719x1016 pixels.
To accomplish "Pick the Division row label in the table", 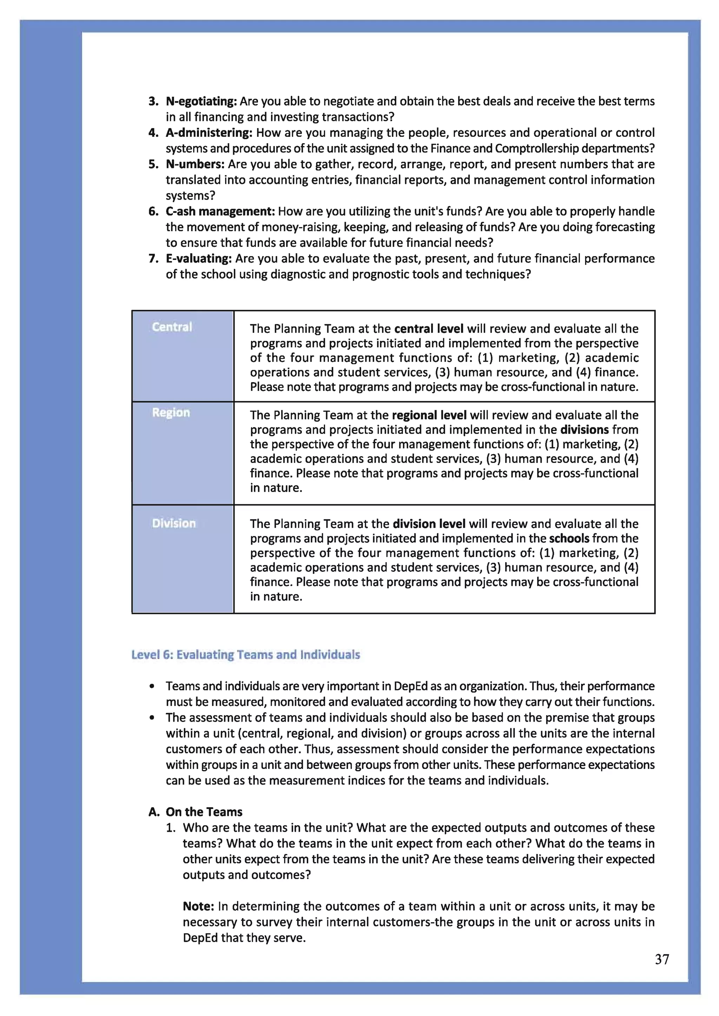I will tap(173, 523).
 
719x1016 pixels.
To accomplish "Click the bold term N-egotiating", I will tap(202, 101).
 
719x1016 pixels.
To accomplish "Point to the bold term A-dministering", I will tap(209, 133).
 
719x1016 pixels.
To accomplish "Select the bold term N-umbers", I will tap(195, 164).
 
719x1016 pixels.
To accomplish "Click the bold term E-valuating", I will tap(199, 259).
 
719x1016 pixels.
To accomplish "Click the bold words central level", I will tap(429, 329).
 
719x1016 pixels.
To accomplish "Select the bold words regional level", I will tap(429, 415).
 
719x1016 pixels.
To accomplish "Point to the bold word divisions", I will tap(585, 430).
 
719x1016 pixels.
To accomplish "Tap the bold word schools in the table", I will tap(569, 538).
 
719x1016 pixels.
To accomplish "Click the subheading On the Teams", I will tap(204, 811).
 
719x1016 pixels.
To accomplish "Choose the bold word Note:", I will tap(198, 906).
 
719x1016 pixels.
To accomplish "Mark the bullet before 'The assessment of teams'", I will tap(152, 717).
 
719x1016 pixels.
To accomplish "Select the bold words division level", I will tap(429, 524).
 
